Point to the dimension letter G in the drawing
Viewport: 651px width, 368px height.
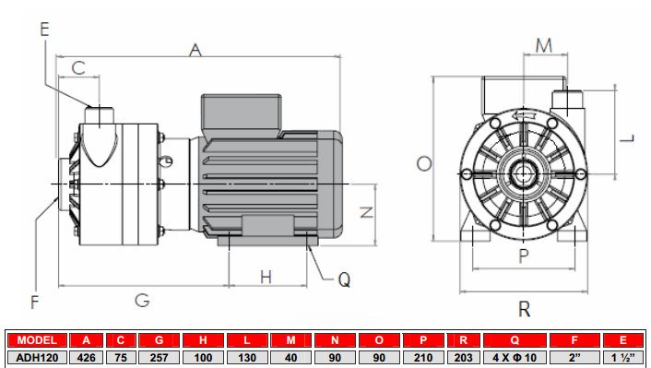(x=142, y=300)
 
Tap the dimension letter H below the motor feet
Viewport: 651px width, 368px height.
(x=266, y=277)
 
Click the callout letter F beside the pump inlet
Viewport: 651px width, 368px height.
(x=35, y=301)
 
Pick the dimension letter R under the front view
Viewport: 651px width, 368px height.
(x=524, y=308)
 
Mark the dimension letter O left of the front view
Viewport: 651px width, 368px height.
(x=423, y=163)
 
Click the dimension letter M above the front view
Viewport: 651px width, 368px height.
(x=544, y=45)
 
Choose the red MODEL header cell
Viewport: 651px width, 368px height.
(x=38, y=340)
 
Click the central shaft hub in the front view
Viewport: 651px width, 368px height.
(x=524, y=172)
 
